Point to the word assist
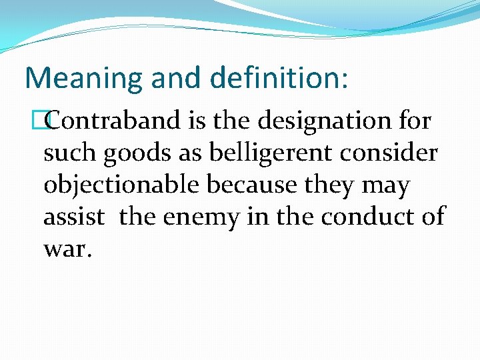tap(74, 217)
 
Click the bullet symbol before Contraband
tap(47, 122)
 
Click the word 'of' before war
tap(432, 217)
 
